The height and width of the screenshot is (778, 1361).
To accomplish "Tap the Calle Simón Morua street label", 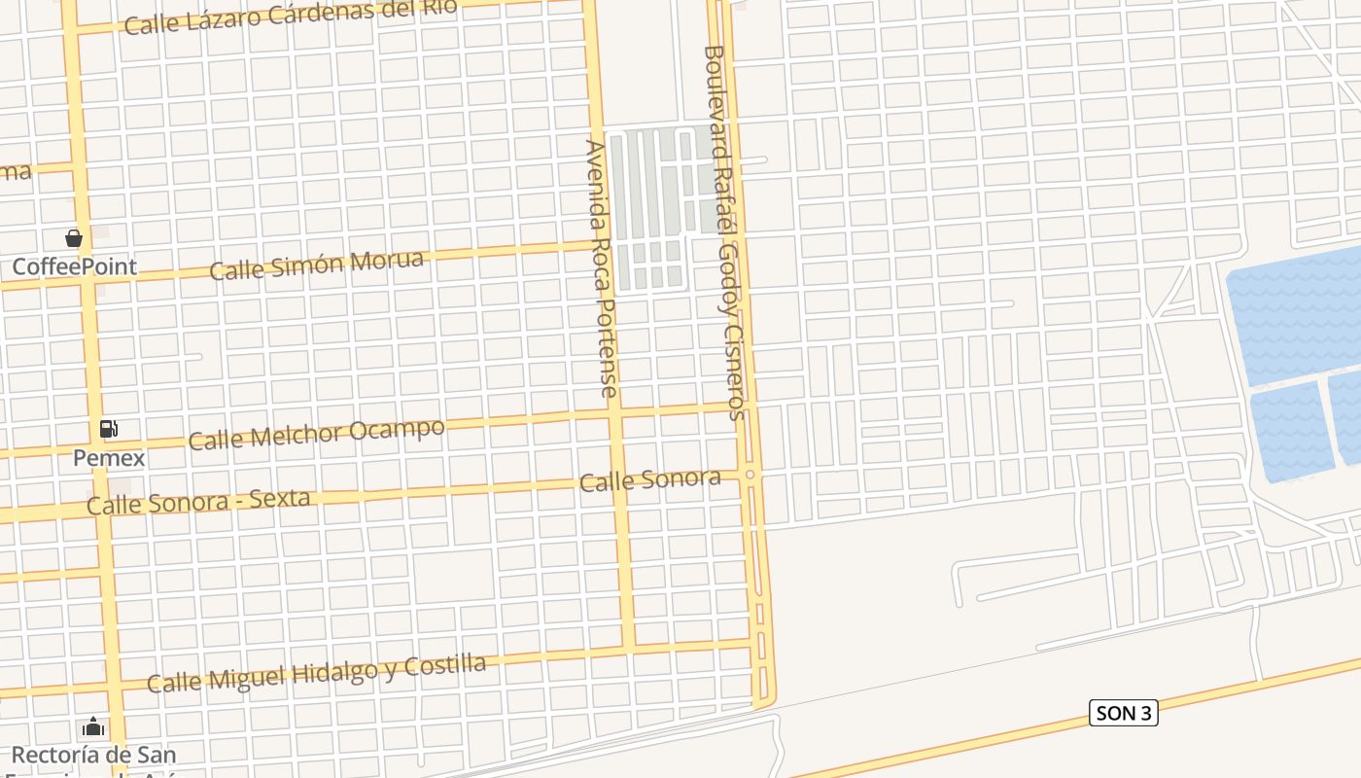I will click(317, 265).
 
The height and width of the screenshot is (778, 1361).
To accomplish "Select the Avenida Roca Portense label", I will click(600, 268).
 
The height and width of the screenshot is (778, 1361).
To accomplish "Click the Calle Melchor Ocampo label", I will click(317, 435).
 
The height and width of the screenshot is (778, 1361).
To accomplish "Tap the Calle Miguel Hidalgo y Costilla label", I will click(316, 674).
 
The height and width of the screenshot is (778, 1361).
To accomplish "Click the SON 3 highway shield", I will click(1123, 713).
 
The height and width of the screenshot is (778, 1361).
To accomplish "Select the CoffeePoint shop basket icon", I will click(74, 238).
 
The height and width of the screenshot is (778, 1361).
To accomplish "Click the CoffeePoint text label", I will click(74, 266).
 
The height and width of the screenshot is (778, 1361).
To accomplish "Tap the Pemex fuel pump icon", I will click(109, 428).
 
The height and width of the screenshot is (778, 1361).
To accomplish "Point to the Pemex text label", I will click(109, 457).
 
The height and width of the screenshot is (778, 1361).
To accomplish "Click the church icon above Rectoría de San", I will click(93, 726).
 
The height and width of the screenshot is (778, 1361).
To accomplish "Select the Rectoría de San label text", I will click(93, 755).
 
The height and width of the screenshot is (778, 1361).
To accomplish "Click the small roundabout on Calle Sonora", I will click(750, 475).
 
